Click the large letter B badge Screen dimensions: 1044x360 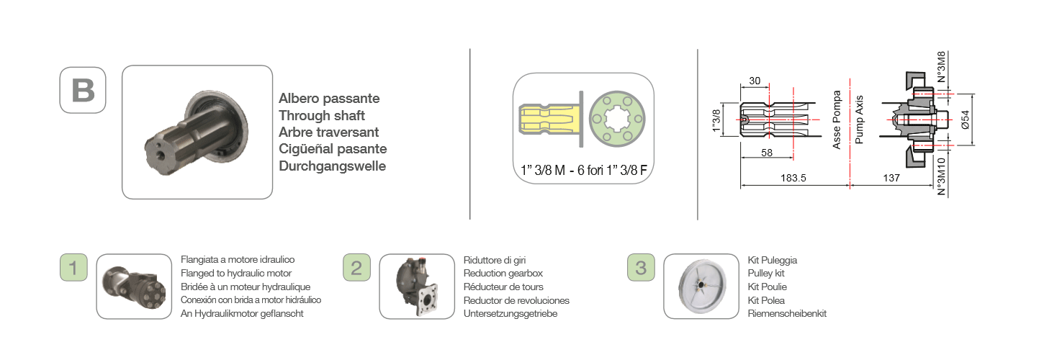click(x=83, y=90)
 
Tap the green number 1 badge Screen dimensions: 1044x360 click(x=73, y=267)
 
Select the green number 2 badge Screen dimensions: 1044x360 click(x=356, y=267)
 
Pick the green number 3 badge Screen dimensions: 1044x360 click(x=641, y=267)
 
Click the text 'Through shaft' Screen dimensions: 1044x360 click(x=322, y=115)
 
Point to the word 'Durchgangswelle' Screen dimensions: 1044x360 click(x=333, y=166)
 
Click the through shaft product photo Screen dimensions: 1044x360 click(x=197, y=132)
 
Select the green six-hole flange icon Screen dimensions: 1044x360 click(x=617, y=119)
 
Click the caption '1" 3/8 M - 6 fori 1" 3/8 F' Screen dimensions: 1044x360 click(x=584, y=170)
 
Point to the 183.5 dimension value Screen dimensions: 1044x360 click(x=793, y=178)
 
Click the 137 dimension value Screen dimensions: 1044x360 click(x=891, y=178)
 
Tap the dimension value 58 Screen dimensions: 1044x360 click(x=767, y=153)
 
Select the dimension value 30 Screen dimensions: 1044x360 click(x=755, y=81)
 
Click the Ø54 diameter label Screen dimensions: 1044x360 click(x=966, y=120)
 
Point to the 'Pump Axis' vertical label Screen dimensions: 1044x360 click(x=859, y=120)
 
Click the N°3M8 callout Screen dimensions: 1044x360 click(x=941, y=67)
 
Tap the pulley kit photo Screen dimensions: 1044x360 click(x=701, y=287)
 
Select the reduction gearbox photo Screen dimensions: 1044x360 click(x=417, y=287)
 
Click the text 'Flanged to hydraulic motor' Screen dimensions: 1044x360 click(x=236, y=274)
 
